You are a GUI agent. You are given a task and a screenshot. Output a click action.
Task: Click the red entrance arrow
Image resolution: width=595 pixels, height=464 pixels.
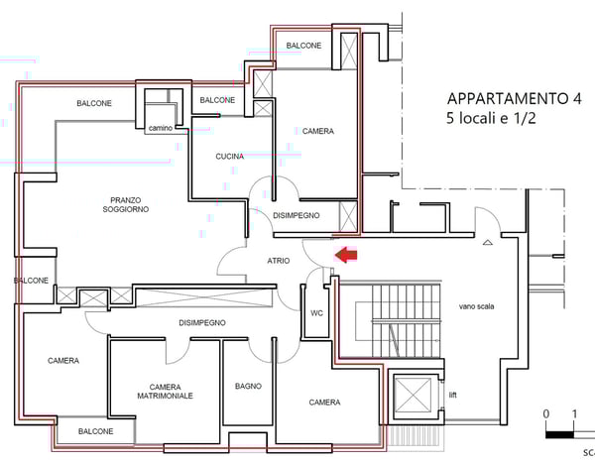[346, 255]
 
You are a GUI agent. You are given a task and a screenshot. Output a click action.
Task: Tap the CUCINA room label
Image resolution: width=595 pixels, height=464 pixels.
[230, 157]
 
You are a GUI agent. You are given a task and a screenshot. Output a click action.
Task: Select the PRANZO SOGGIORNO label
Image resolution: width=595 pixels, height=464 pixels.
[126, 204]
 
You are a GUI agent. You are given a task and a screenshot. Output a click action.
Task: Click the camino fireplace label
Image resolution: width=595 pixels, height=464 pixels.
[161, 128]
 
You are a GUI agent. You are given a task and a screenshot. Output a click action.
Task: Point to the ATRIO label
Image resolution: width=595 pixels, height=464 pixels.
[279, 261]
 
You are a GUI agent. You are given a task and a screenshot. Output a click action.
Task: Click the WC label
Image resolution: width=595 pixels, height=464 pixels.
[317, 313]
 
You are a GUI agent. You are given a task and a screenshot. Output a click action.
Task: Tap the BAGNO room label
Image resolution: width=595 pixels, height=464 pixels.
[248, 387]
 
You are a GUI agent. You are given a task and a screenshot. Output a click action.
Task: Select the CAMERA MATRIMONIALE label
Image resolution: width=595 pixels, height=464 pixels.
[165, 392]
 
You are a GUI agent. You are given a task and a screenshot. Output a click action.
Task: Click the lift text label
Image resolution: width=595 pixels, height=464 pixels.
[453, 395]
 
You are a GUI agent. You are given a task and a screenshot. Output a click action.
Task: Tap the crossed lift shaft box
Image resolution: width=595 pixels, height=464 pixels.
[413, 395]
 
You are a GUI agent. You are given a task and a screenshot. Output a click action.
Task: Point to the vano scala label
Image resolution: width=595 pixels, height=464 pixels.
[476, 306]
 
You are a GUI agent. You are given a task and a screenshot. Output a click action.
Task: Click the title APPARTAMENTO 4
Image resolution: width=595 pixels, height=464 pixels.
[514, 98]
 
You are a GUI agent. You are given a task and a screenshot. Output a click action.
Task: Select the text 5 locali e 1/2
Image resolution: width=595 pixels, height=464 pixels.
[491, 118]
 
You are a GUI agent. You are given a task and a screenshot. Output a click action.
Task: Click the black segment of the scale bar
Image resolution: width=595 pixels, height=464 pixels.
[559, 435]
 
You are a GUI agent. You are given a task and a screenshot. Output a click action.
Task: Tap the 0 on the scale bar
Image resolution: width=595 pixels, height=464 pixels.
[546, 413]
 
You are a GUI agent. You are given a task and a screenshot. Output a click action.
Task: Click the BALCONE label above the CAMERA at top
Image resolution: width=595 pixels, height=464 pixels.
[303, 46]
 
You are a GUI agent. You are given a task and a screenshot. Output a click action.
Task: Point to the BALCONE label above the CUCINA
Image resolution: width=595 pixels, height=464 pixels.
[217, 100]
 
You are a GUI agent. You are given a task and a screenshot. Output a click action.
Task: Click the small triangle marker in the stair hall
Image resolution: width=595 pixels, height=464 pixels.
[488, 242]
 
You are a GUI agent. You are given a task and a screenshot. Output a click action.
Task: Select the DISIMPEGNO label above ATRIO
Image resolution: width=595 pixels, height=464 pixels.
[297, 215]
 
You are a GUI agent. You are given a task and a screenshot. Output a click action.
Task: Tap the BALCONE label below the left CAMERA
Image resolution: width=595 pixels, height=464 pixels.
[95, 431]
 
